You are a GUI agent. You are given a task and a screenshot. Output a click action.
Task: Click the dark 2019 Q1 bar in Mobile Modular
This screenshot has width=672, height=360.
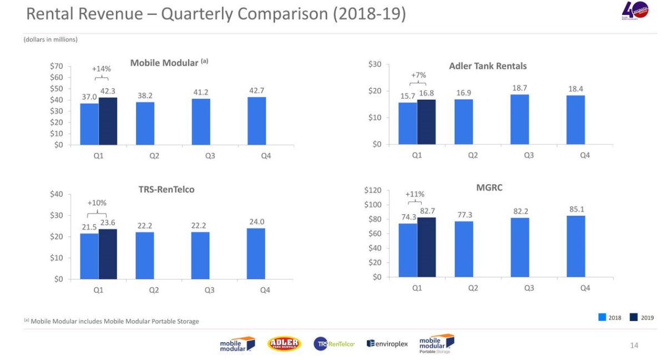pos(108,121)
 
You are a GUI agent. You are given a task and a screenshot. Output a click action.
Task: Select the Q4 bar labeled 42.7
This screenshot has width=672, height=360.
pos(256,121)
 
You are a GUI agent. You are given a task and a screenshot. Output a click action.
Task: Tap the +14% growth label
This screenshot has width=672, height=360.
pos(101,69)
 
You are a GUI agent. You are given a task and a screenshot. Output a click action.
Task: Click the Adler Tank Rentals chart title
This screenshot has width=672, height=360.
pos(487,66)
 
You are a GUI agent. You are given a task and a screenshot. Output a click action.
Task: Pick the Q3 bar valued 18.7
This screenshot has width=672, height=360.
pos(519,119)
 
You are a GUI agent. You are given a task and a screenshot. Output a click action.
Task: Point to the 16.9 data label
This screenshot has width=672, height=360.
pos(464,93)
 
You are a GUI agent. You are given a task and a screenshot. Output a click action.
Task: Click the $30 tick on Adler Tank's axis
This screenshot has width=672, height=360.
pos(375,64)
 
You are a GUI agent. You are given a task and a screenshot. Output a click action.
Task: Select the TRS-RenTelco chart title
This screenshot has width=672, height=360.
pos(166,190)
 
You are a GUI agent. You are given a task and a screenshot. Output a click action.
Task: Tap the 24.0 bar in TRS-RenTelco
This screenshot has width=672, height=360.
pos(256,253)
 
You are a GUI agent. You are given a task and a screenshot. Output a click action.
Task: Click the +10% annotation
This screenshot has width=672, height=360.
pos(97,203)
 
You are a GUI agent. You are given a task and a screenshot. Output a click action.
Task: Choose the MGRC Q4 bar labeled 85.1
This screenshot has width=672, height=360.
pos(576,246)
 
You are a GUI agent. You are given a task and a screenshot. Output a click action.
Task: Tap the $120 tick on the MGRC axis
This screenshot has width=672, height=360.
pos(372,190)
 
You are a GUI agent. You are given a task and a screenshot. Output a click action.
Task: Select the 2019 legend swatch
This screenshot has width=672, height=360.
pos(633,318)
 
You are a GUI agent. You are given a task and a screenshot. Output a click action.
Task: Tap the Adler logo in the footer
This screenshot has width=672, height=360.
pos(284,344)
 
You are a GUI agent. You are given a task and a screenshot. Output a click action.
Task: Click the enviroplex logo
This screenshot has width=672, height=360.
pos(387,344)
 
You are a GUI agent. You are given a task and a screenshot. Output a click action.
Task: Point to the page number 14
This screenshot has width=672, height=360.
pos(634,346)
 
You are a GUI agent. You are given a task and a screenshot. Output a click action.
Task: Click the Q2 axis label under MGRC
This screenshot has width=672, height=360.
pos(473,288)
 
